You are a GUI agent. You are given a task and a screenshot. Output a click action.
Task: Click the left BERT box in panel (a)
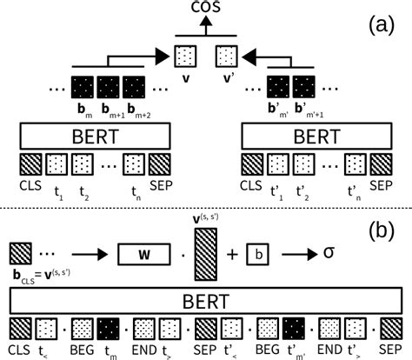point(87,137)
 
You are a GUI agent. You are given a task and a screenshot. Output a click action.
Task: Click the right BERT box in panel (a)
point(316,137)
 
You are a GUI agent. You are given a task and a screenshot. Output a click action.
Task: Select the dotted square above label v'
point(227,57)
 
